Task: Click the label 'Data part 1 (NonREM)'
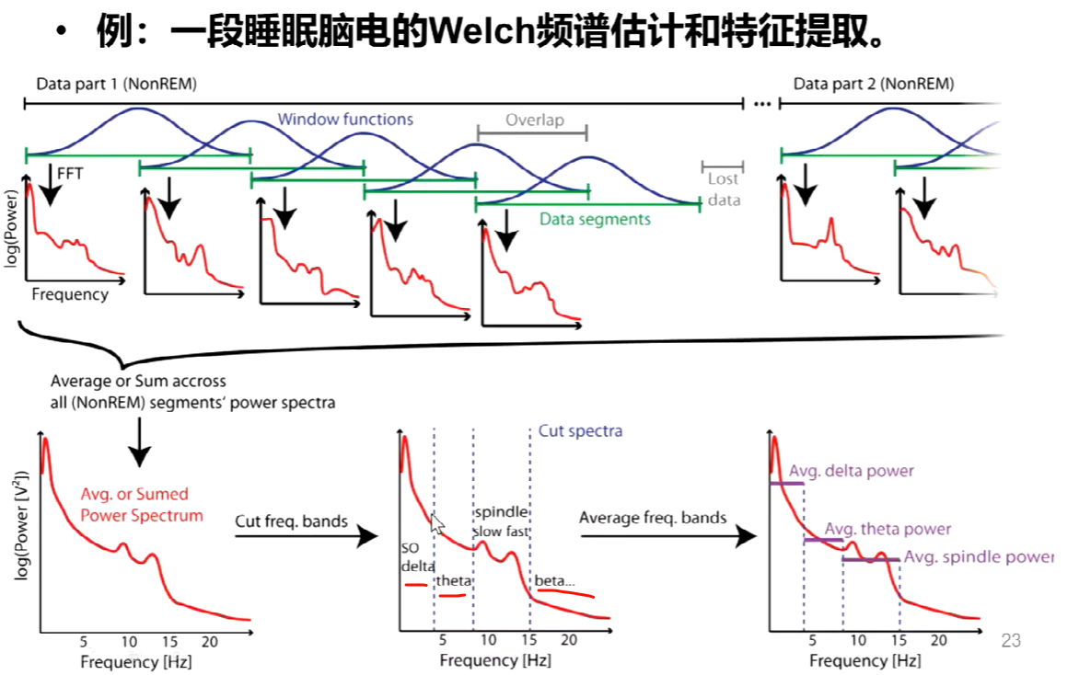[116, 85]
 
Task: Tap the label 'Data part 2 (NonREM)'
[874, 85]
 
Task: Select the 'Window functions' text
[345, 120]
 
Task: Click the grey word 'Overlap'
[534, 120]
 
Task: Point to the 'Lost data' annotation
[724, 189]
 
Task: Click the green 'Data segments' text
[595, 219]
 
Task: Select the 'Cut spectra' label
[580, 430]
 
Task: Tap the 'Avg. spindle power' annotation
[979, 557]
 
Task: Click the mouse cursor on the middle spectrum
[437, 523]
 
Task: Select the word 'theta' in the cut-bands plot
[452, 580]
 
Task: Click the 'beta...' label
[554, 580]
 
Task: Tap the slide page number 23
[1011, 641]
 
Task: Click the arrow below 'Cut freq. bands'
[307, 536]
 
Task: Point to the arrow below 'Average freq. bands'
[667, 536]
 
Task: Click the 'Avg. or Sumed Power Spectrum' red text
[142, 505]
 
